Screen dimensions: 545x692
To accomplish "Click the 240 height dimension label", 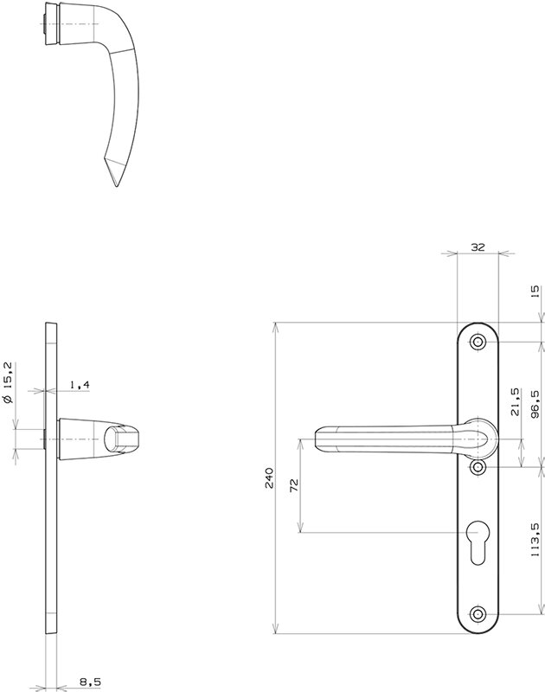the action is (269, 478).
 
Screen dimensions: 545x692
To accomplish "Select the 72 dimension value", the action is (294, 484).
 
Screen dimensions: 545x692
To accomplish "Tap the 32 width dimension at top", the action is (478, 247).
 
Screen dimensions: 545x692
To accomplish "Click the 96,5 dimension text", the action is (535, 404).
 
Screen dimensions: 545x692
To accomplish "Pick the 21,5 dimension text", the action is (515, 401).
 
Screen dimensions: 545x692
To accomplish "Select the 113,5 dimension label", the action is (535, 539).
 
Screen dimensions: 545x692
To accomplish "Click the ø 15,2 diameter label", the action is (9, 382).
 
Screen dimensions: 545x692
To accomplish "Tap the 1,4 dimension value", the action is (80, 385).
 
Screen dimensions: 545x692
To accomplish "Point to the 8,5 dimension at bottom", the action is (90, 682).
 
